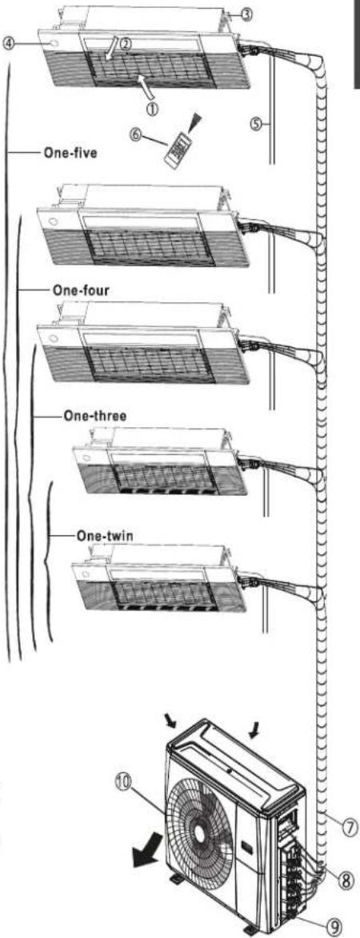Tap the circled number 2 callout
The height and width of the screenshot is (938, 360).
coord(125,43)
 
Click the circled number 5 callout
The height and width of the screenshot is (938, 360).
coord(256,125)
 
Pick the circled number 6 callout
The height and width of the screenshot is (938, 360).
coord(137,134)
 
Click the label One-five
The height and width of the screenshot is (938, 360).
coord(70,153)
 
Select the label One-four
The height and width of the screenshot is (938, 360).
coord(81,290)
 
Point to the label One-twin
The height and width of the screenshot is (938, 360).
coord(104,535)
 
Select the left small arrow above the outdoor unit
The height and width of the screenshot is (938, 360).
coord(173,722)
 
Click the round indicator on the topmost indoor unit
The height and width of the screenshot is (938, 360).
coord(54,44)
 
